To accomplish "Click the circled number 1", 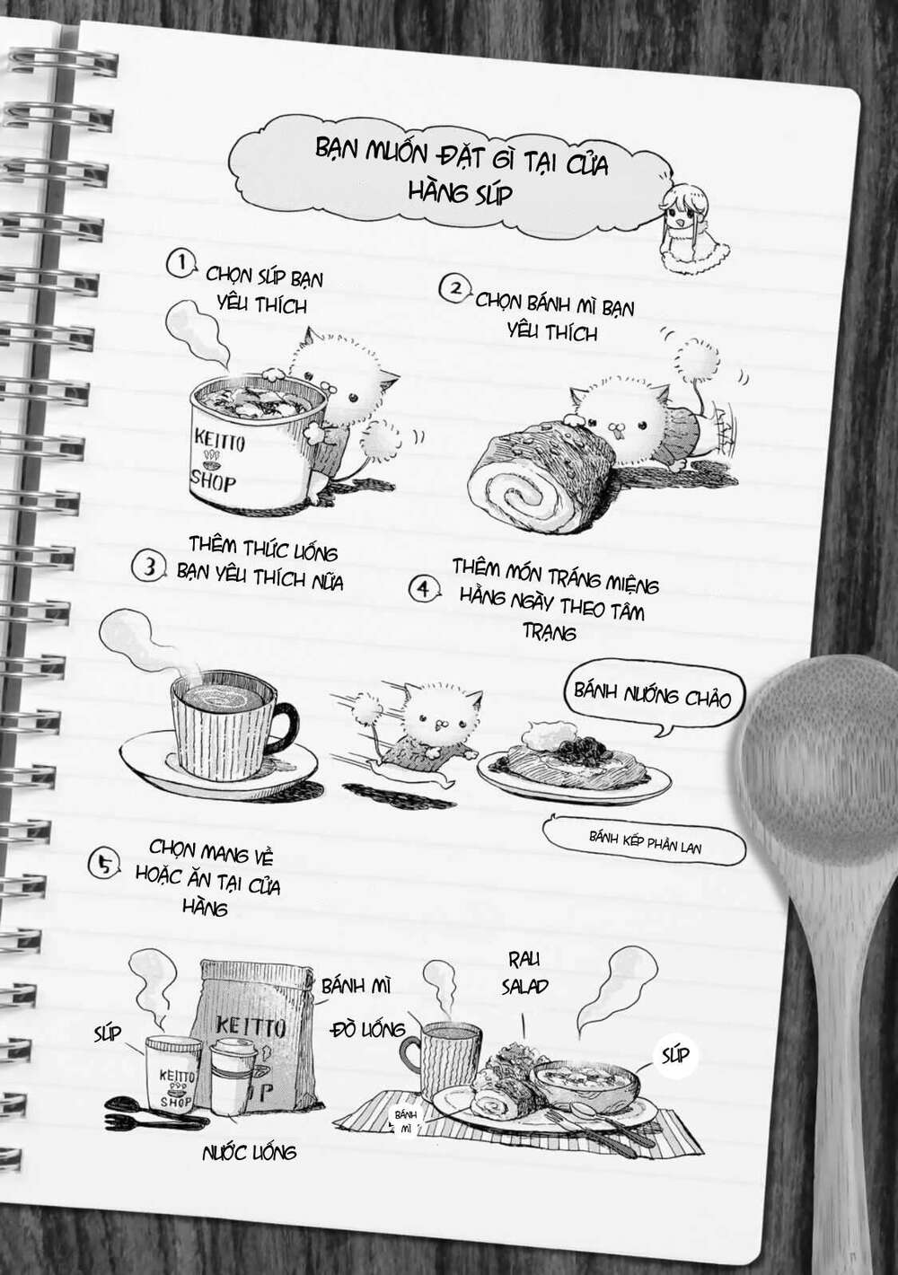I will pos(181,264).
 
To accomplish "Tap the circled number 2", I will pos(455,289).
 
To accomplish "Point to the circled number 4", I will pos(424,589).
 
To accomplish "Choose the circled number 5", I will pos(104,864).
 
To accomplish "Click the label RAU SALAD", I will pos(524,973).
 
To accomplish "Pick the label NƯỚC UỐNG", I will pos(249,1152).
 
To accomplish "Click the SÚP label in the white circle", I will pos(675,1054).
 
